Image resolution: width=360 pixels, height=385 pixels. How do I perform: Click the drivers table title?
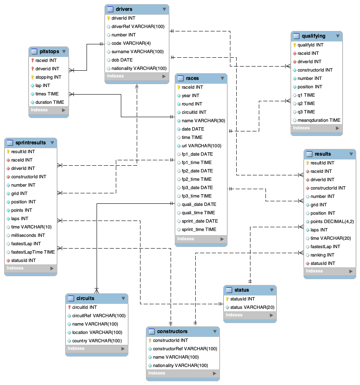tap(124, 9)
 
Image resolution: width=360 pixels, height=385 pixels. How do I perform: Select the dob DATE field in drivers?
tap(122, 60)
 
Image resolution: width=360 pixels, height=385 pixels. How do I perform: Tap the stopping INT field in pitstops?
tap(48, 77)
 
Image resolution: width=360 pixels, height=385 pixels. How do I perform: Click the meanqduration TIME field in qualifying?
tap(319, 120)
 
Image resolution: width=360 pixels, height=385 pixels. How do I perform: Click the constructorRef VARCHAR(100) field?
tap(185, 349)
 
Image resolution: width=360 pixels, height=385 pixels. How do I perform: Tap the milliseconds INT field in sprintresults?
tap(28, 235)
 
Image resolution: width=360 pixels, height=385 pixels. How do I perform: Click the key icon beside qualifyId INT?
tap(294, 45)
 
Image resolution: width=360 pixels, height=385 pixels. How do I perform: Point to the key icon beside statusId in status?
tap(227, 299)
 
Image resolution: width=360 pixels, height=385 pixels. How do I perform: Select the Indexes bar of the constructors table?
tap(183, 373)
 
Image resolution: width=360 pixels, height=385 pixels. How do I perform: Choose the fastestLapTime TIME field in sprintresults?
tap(33, 252)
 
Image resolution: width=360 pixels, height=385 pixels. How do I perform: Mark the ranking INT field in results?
tap(322, 255)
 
